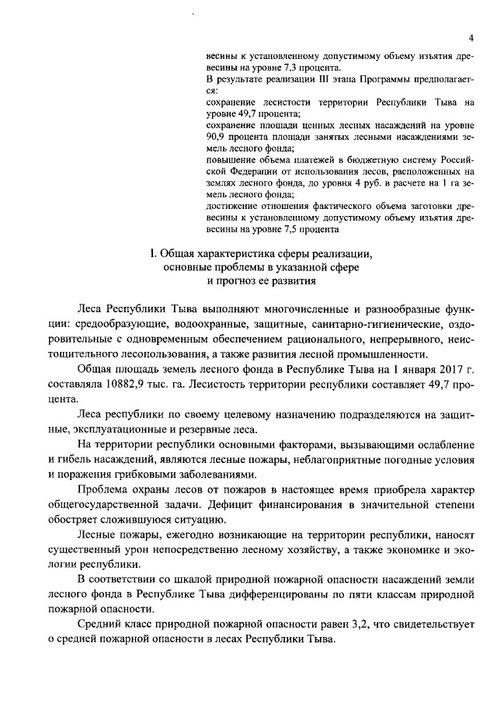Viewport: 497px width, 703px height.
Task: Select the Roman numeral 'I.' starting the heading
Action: point(153,253)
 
